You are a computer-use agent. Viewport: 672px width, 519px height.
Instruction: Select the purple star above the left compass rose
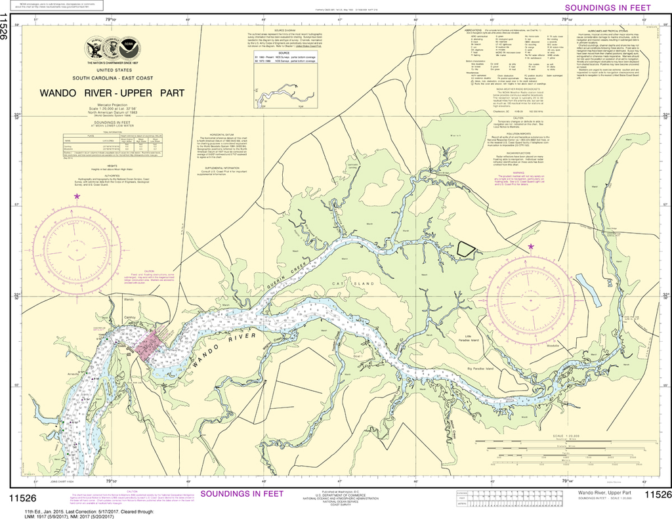[x=77, y=196]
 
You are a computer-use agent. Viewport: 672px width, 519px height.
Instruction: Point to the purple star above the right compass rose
[x=531, y=246]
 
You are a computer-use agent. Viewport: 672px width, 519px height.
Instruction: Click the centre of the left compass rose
[x=77, y=251]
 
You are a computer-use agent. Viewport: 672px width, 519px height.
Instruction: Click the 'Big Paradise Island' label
[x=480, y=369]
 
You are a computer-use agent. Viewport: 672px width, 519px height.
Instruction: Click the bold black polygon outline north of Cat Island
[x=466, y=249]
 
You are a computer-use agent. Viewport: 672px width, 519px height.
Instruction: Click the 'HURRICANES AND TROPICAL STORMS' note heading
[x=609, y=31]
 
